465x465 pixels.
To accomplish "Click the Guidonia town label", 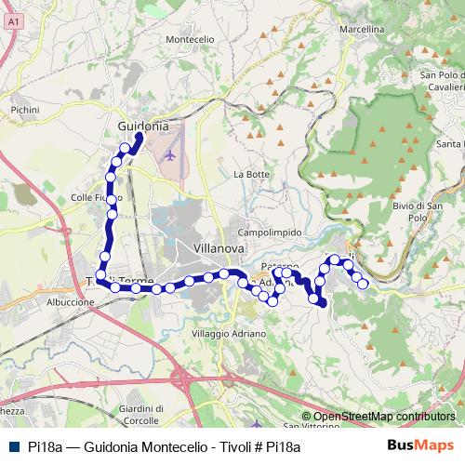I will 143,126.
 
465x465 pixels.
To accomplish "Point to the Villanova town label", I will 219,248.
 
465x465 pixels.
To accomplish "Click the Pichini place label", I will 25,109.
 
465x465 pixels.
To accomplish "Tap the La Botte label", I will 251,174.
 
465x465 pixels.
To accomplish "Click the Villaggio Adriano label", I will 229,333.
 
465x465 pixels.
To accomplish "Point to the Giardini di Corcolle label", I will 142,414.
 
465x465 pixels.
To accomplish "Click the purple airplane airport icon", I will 169,153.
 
